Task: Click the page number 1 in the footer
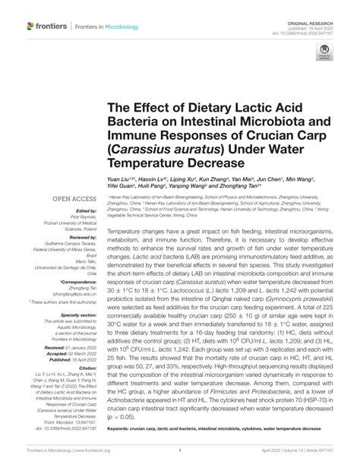coord(180,460)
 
